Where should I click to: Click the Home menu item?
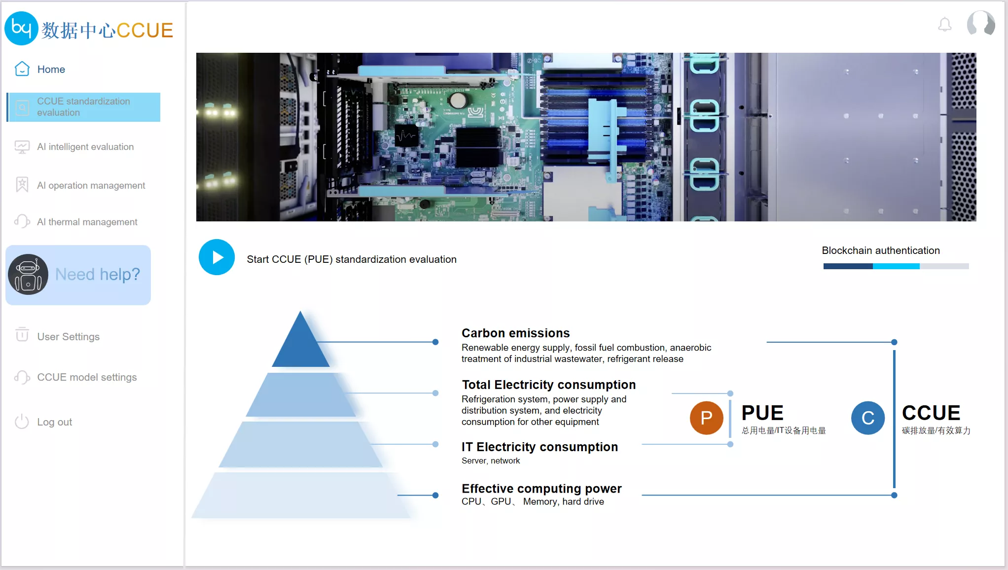[x=40, y=69]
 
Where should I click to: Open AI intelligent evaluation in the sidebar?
[x=74, y=147]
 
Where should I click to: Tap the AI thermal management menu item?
[x=76, y=222]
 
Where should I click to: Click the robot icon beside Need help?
[x=28, y=275]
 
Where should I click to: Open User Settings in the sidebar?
[x=57, y=336]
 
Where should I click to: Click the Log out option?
[x=43, y=422]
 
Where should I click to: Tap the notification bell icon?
[x=944, y=24]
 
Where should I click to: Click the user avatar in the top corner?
[x=981, y=24]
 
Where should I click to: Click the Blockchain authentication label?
[x=881, y=250]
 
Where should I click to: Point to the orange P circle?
[x=706, y=418]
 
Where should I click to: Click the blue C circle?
[x=867, y=418]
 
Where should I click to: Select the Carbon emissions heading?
[x=515, y=333]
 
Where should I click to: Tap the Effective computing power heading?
[x=541, y=489]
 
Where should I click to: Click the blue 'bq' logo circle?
[x=21, y=28]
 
